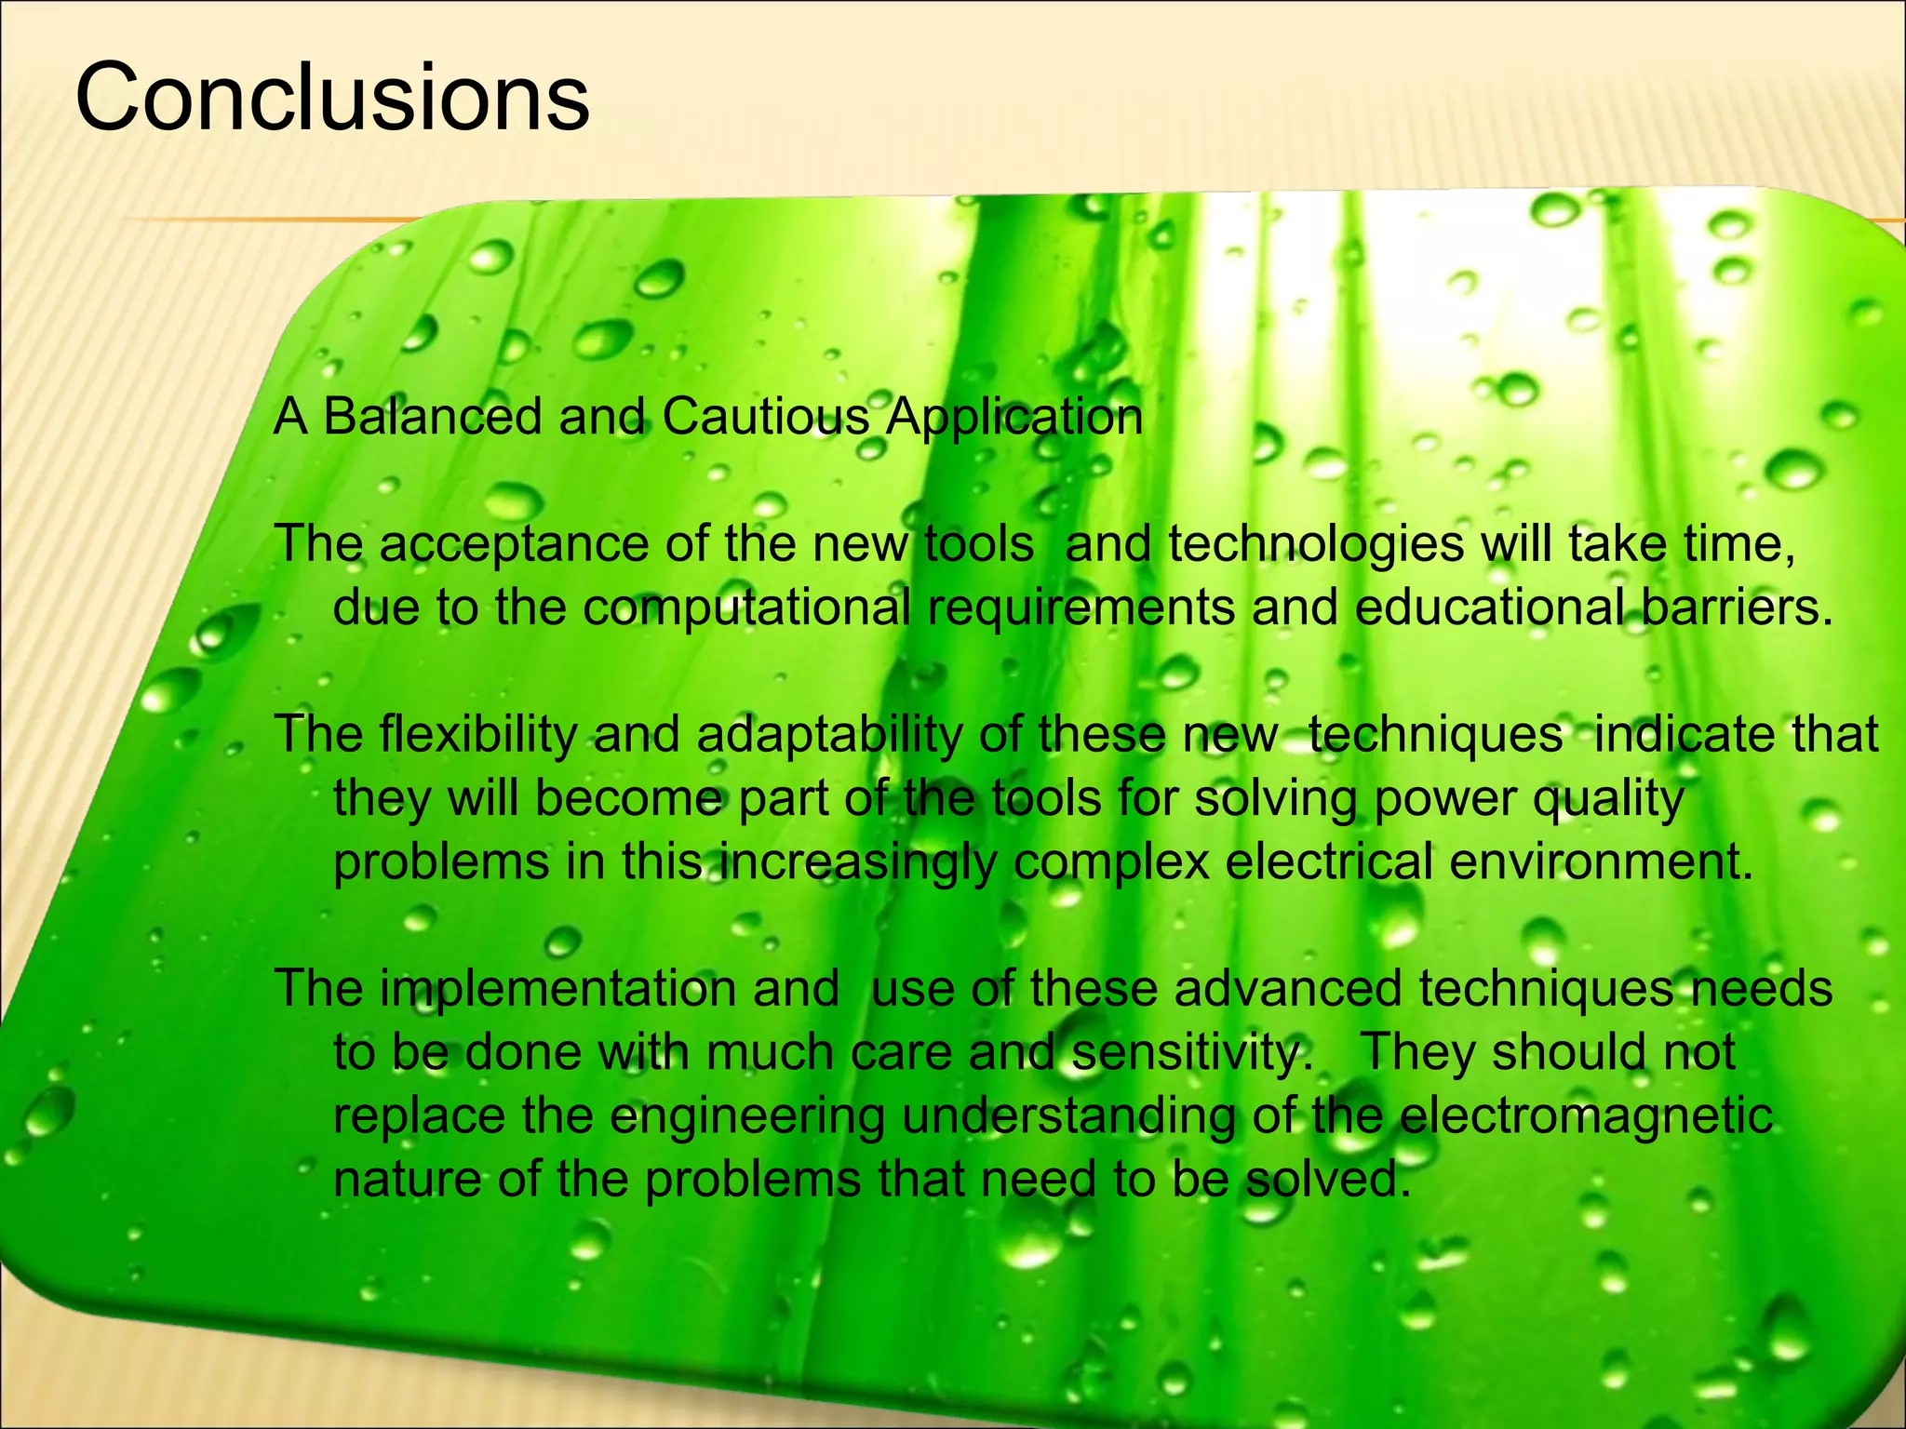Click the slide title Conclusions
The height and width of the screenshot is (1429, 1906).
pos(331,98)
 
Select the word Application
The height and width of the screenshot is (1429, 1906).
pos(1013,418)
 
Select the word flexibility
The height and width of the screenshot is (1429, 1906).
pos(478,735)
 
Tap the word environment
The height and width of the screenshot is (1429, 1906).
pos(1601,861)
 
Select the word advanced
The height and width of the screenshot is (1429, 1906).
pos(1287,988)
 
